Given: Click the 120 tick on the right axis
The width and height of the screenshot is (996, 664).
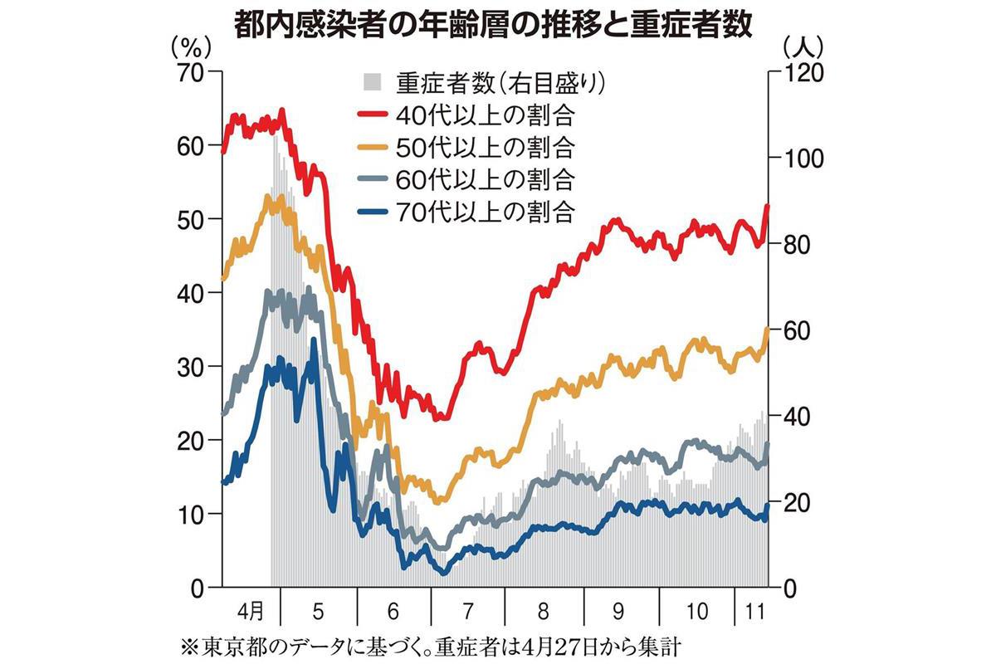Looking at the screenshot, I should pos(799,73).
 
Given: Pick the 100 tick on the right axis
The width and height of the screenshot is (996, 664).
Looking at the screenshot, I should pos(799,159).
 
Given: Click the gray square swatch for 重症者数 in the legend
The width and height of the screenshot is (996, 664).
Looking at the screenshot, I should pos(373,83).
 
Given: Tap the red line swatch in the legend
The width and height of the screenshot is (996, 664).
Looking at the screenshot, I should pos(373,114).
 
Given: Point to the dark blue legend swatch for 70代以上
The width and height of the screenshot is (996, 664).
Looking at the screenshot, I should pos(373,211).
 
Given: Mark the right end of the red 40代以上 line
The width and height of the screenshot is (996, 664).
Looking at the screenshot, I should pos(768,206).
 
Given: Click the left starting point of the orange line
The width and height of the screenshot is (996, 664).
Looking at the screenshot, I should pos(222,280).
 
